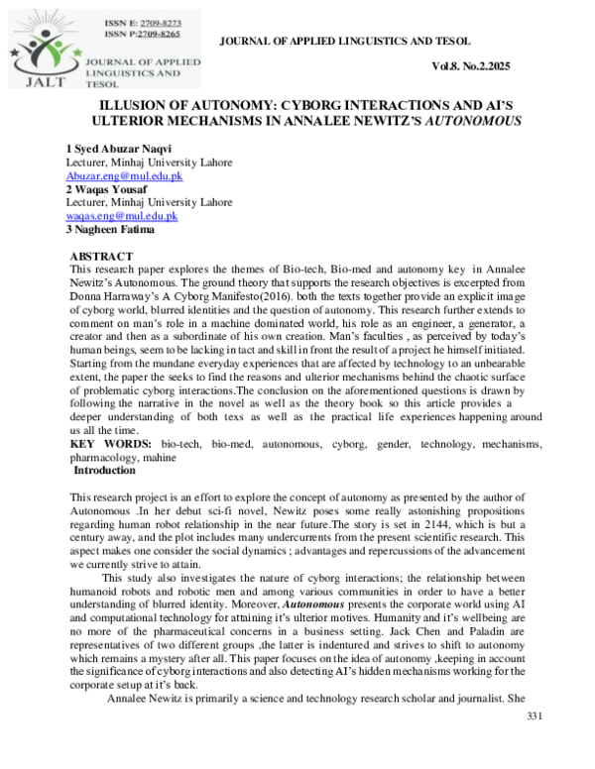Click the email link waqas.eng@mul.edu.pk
pyautogui.click(x=121, y=215)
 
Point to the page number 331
pyautogui.click(x=535, y=744)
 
